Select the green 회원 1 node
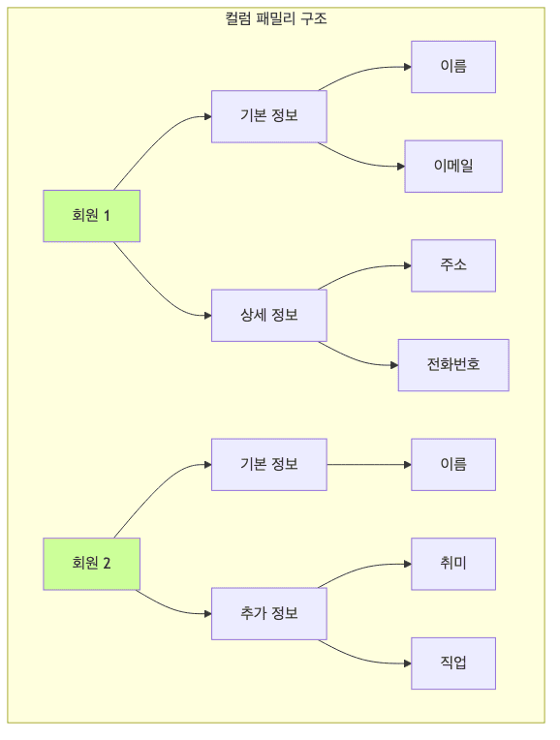coord(92,216)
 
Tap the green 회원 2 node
coord(92,564)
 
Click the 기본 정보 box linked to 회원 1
coord(268,116)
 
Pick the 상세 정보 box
coord(268,315)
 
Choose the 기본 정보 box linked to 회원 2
coord(268,464)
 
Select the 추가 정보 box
coord(268,613)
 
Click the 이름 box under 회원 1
coord(452,67)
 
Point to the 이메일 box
coord(452,167)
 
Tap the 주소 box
coord(452,265)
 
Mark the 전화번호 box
coord(452,365)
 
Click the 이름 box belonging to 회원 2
coord(452,464)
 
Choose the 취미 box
coord(452,564)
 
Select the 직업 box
coord(452,663)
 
